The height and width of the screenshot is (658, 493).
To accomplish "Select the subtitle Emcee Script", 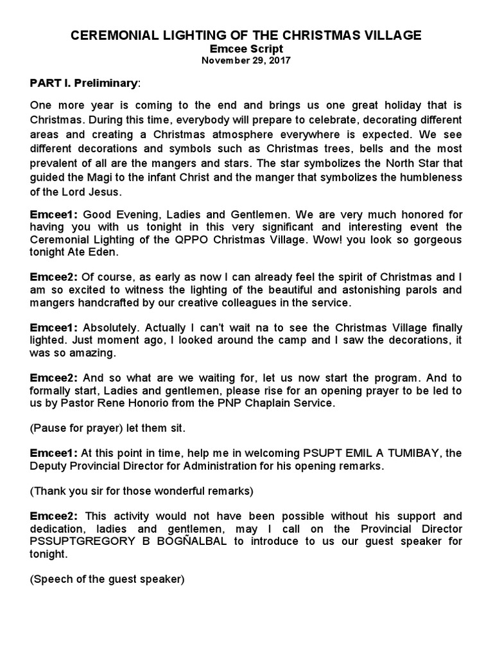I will (246, 49).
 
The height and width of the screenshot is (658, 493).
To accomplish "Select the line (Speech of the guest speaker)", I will (107, 579).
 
